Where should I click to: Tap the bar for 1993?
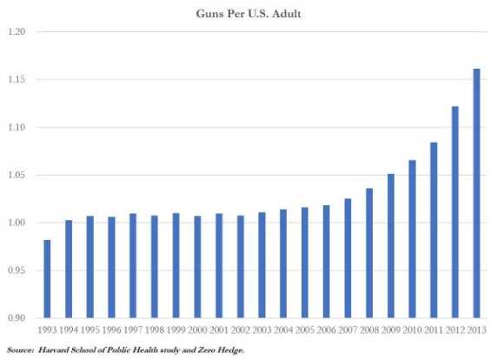(48, 279)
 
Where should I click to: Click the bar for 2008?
(370, 253)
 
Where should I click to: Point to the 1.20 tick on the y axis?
(18, 32)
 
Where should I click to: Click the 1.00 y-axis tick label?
(18, 223)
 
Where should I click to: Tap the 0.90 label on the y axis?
(18, 318)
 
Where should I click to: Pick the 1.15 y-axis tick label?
(18, 80)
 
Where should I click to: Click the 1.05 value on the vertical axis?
(18, 176)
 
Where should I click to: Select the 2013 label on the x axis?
(477, 331)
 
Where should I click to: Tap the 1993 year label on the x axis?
(48, 331)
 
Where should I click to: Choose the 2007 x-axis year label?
(348, 331)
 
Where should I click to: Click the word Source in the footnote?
(20, 350)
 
